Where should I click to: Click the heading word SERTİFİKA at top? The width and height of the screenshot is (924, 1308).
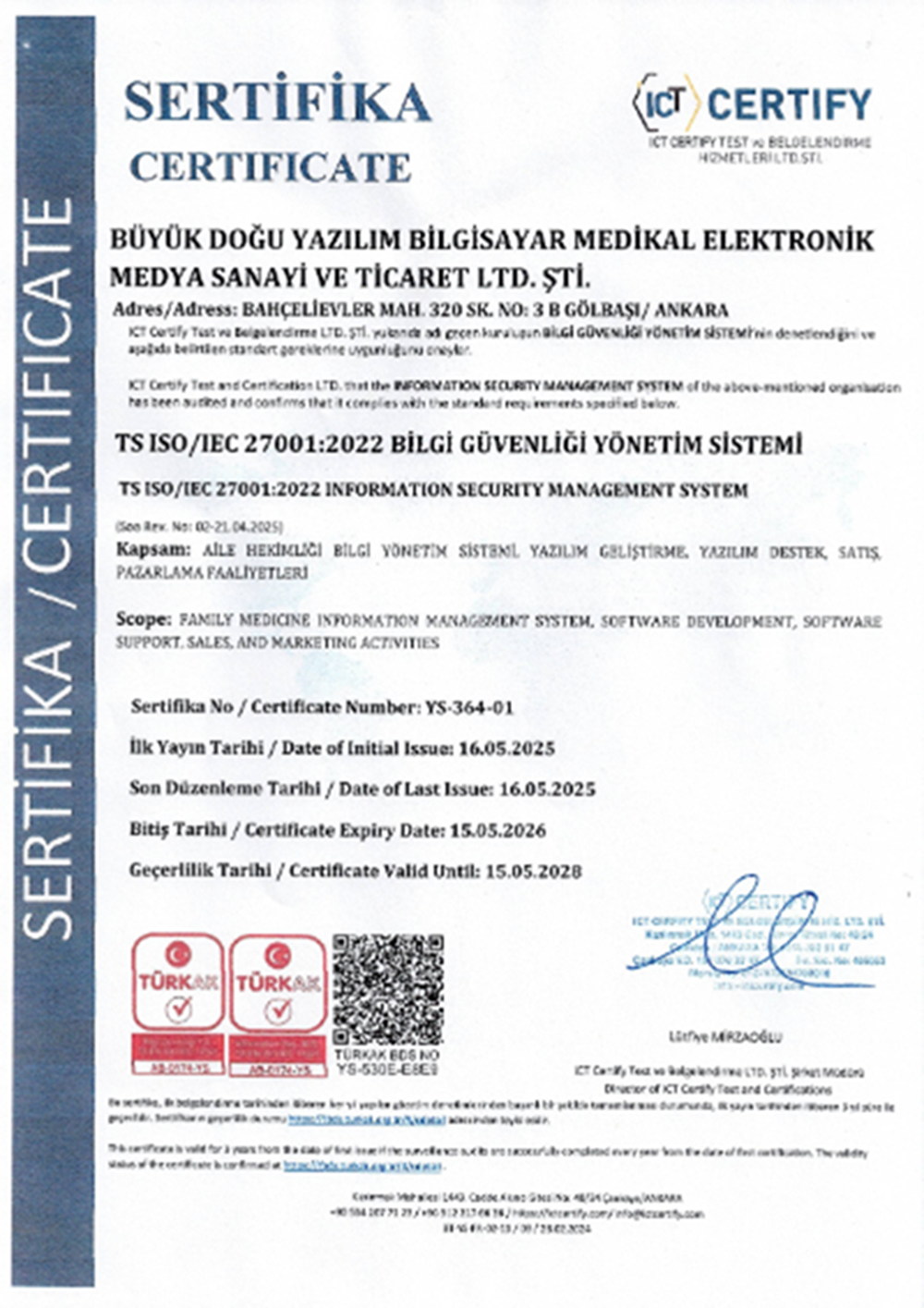point(277,102)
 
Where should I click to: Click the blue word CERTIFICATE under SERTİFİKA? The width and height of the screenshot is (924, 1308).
point(270,167)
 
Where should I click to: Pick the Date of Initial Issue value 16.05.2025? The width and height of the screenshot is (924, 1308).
point(506,749)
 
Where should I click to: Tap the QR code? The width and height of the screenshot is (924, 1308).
point(388,990)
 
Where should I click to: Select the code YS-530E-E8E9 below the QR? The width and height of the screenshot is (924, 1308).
point(388,1068)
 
